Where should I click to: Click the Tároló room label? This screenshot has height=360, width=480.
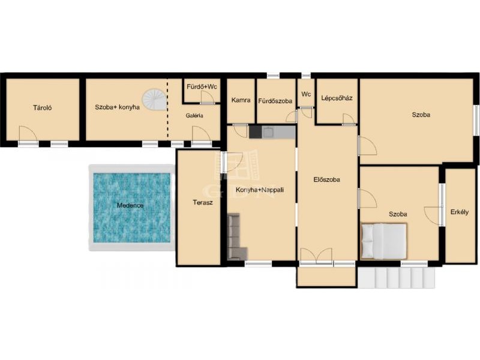tap(42, 108)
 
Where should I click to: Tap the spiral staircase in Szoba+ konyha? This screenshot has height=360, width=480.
tap(154, 100)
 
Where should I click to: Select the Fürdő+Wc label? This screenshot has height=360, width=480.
tap(202, 86)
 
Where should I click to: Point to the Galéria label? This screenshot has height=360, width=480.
tap(194, 116)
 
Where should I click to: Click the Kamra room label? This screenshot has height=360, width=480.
tap(241, 100)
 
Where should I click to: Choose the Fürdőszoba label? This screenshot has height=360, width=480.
tap(275, 101)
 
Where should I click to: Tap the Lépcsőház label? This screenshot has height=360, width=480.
tap(337, 98)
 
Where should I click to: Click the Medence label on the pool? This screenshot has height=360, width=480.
tap(130, 205)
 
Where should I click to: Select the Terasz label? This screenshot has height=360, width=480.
tap(203, 202)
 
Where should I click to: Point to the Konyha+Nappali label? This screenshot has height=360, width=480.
tap(260, 190)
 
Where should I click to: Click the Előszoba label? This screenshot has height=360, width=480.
tap(326, 179)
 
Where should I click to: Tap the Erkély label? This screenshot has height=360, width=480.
tap(460, 212)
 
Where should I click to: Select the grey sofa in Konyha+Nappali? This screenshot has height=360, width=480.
tap(236, 236)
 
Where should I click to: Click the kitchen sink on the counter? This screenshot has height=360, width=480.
tap(268, 132)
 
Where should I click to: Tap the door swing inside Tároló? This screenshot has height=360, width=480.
tap(28, 134)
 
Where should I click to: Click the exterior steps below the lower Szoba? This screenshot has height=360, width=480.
tap(396, 278)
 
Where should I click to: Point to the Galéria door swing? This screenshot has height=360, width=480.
tap(202, 134)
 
